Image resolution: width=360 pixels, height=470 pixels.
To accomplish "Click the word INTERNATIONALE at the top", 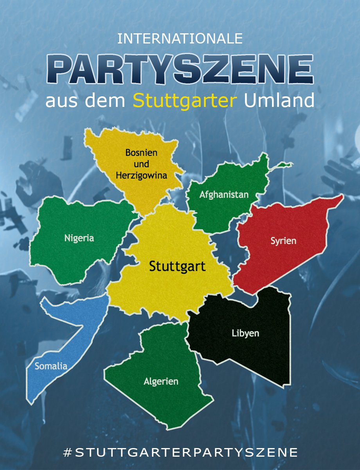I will pyautogui.click(x=180, y=38).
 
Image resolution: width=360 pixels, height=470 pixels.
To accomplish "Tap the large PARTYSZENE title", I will pyautogui.click(x=180, y=69).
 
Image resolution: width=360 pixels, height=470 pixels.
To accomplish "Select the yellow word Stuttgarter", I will pyautogui.click(x=185, y=101).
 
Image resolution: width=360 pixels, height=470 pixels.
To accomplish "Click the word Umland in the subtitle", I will pyautogui.click(x=279, y=101).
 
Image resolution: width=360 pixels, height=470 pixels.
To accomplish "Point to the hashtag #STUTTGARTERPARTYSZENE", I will pyautogui.click(x=180, y=452).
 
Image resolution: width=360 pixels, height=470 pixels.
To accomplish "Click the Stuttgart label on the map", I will pyautogui.click(x=177, y=267).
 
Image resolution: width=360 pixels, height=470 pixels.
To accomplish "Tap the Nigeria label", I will pyautogui.click(x=79, y=238).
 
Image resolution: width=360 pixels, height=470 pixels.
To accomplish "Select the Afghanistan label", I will pyautogui.click(x=224, y=194).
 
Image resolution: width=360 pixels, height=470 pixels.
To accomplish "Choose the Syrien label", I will pyautogui.click(x=283, y=240).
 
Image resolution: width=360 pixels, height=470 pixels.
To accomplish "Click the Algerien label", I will pyautogui.click(x=161, y=381).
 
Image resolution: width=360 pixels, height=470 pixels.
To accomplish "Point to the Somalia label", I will pyautogui.click(x=51, y=367).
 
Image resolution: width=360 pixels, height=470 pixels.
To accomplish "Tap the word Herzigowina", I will pyautogui.click(x=141, y=175).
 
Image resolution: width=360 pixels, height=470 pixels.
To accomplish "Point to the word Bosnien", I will pyautogui.click(x=141, y=153).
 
